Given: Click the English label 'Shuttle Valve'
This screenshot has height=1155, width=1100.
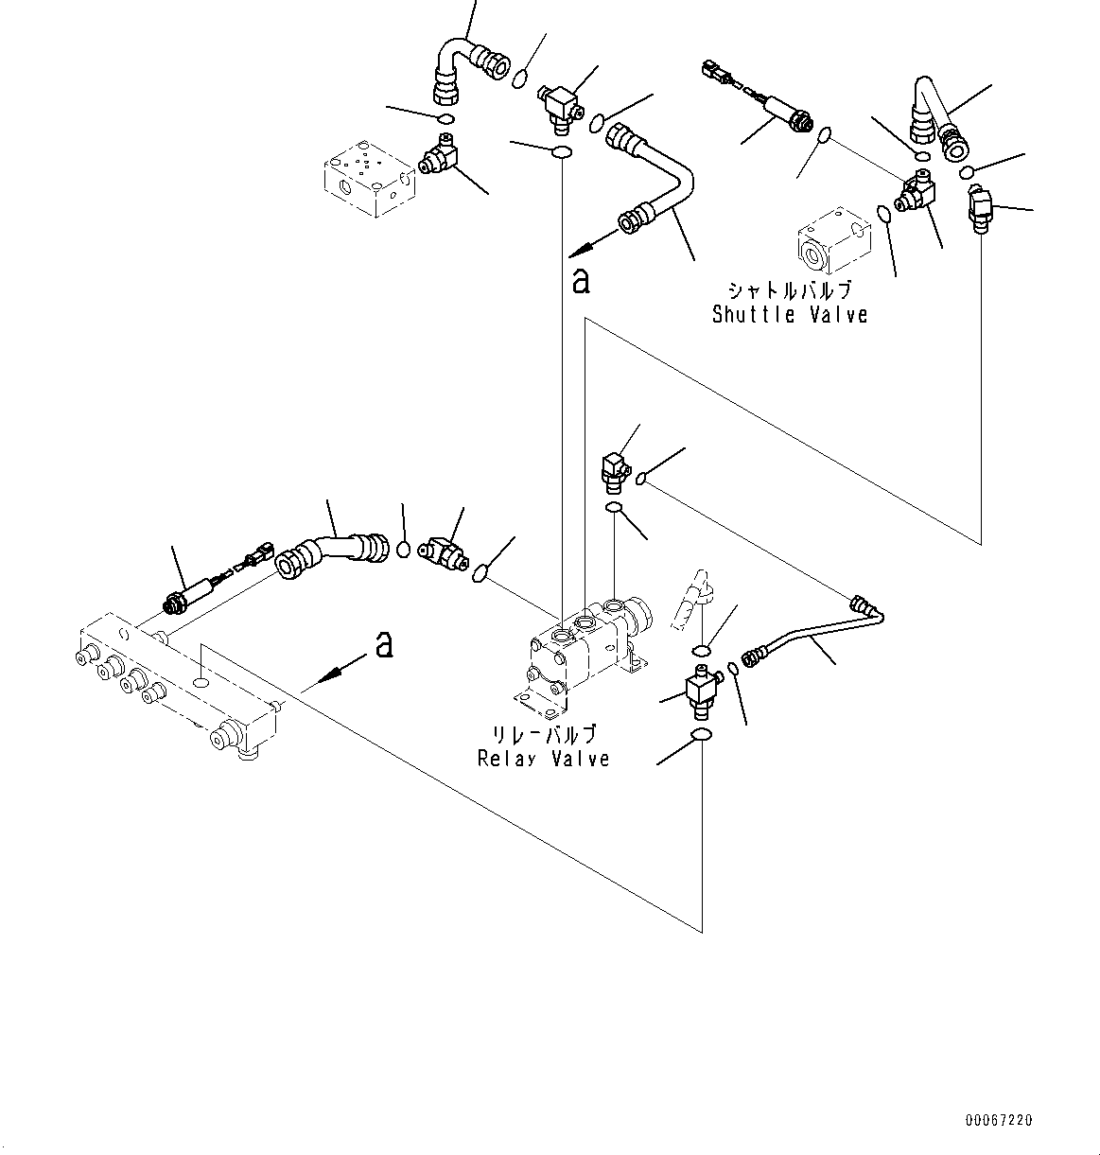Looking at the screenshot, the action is click(x=789, y=315).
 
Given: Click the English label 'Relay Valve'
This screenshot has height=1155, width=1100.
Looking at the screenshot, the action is click(x=543, y=758).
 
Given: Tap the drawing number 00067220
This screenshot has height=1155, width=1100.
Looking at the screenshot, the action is click(x=999, y=1120).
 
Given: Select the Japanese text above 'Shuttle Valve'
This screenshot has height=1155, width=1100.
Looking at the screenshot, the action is click(x=789, y=290).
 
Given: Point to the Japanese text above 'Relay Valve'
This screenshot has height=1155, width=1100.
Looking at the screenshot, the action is click(x=543, y=734).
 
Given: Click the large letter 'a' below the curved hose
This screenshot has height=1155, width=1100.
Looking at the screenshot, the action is click(x=581, y=280).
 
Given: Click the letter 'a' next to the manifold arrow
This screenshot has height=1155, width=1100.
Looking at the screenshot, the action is click(x=383, y=644).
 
